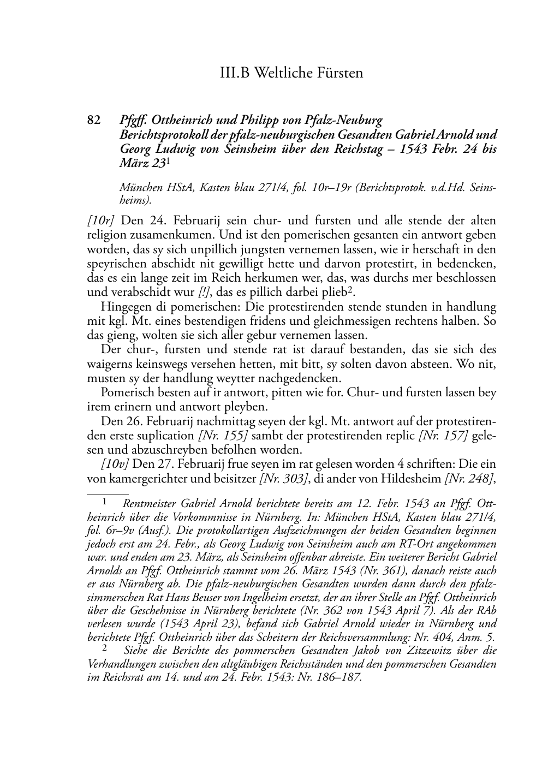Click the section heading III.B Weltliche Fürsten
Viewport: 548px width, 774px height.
(291, 73)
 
